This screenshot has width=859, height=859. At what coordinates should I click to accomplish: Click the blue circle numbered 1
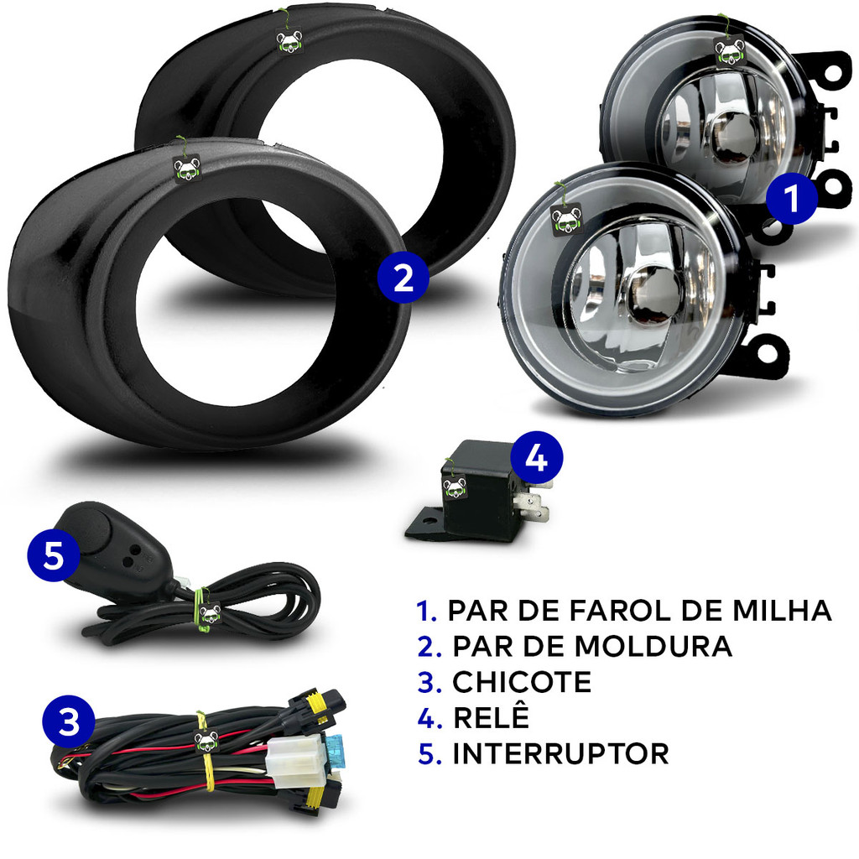coord(791,198)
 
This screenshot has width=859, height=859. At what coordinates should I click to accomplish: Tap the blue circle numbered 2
coord(403,278)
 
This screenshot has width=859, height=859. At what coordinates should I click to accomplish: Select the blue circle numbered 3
coord(69,721)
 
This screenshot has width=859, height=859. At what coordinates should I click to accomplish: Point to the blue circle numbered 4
coord(536,457)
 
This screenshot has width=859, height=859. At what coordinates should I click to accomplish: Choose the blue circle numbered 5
coord(54,556)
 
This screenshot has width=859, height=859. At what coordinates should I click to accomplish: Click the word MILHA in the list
coord(783,611)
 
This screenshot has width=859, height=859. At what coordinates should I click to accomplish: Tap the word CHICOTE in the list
coord(522,682)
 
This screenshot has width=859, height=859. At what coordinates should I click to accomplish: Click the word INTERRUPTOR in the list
coord(561,754)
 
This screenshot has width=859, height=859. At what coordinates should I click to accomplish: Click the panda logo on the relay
coord(455,487)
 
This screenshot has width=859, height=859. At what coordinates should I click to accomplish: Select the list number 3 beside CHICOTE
coord(429,683)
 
